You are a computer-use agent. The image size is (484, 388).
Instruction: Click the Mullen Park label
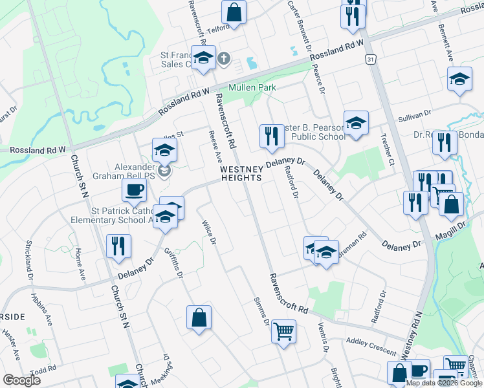tap(252, 87)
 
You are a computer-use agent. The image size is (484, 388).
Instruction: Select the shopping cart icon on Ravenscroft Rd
tap(283, 332)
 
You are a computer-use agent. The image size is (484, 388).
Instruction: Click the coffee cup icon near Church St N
tap(134, 190)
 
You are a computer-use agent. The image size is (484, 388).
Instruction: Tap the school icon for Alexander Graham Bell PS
tap(164, 151)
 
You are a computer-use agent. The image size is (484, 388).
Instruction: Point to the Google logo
tap(21, 380)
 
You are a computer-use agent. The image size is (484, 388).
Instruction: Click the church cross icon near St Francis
tap(224, 59)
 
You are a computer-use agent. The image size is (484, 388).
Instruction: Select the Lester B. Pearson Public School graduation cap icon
tap(356, 124)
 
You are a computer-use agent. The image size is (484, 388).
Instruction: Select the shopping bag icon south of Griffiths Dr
tap(199, 318)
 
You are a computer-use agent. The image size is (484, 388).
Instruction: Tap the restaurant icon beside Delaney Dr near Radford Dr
tap(270, 136)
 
